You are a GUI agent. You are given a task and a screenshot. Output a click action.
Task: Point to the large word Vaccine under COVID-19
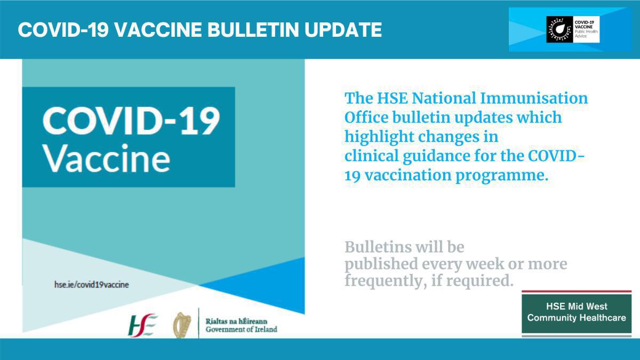pos(106,158)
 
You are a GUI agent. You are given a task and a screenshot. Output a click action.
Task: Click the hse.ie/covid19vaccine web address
pos(91,285)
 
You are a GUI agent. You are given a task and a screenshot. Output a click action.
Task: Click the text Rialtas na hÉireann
pos(236,321)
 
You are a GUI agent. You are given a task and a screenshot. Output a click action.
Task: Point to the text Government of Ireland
pos(241,330)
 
